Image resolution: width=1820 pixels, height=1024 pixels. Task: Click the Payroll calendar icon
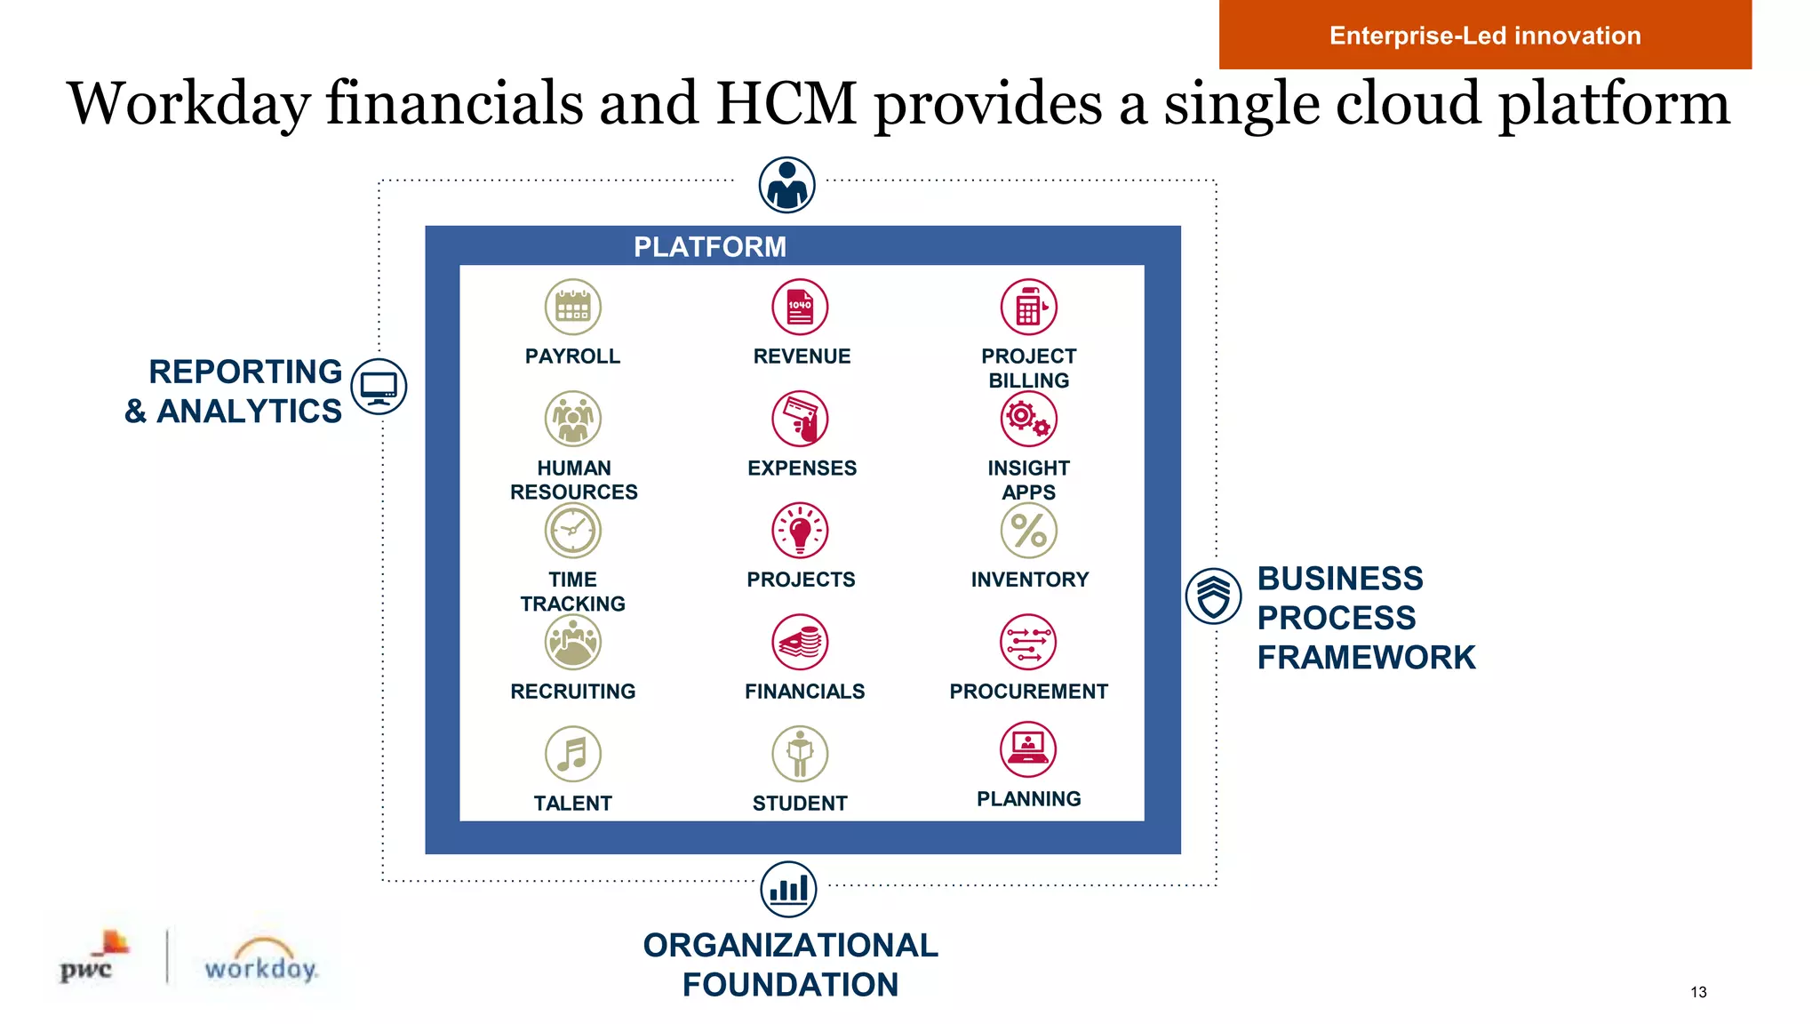(572, 307)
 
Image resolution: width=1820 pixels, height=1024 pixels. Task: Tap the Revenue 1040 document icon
(800, 307)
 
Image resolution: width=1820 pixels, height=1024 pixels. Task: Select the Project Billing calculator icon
(1028, 307)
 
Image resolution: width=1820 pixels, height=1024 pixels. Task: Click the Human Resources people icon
(572, 419)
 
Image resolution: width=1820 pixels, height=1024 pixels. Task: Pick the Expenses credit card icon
(800, 419)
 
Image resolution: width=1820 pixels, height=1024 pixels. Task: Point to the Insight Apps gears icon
(1028, 419)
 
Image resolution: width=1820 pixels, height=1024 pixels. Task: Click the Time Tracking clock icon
(572, 531)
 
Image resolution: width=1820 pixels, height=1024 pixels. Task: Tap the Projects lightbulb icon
(800, 531)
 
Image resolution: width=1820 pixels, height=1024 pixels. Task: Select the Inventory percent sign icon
(1028, 531)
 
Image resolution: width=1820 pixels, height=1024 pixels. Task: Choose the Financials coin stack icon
(800, 642)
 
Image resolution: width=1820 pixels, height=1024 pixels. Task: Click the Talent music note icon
(572, 754)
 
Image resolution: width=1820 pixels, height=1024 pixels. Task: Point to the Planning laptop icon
(1028, 748)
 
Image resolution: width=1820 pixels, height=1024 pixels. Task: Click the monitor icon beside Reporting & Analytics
(379, 387)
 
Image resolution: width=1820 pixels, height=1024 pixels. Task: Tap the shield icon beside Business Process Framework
(1213, 596)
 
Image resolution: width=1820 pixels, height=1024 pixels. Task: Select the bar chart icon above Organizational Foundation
(788, 889)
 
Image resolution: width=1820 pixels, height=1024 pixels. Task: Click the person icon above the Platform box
(786, 185)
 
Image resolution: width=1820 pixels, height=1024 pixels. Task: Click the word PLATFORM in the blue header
(709, 246)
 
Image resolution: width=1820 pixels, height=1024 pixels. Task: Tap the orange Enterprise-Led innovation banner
(1484, 36)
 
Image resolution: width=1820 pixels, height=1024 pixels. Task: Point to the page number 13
(1698, 992)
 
